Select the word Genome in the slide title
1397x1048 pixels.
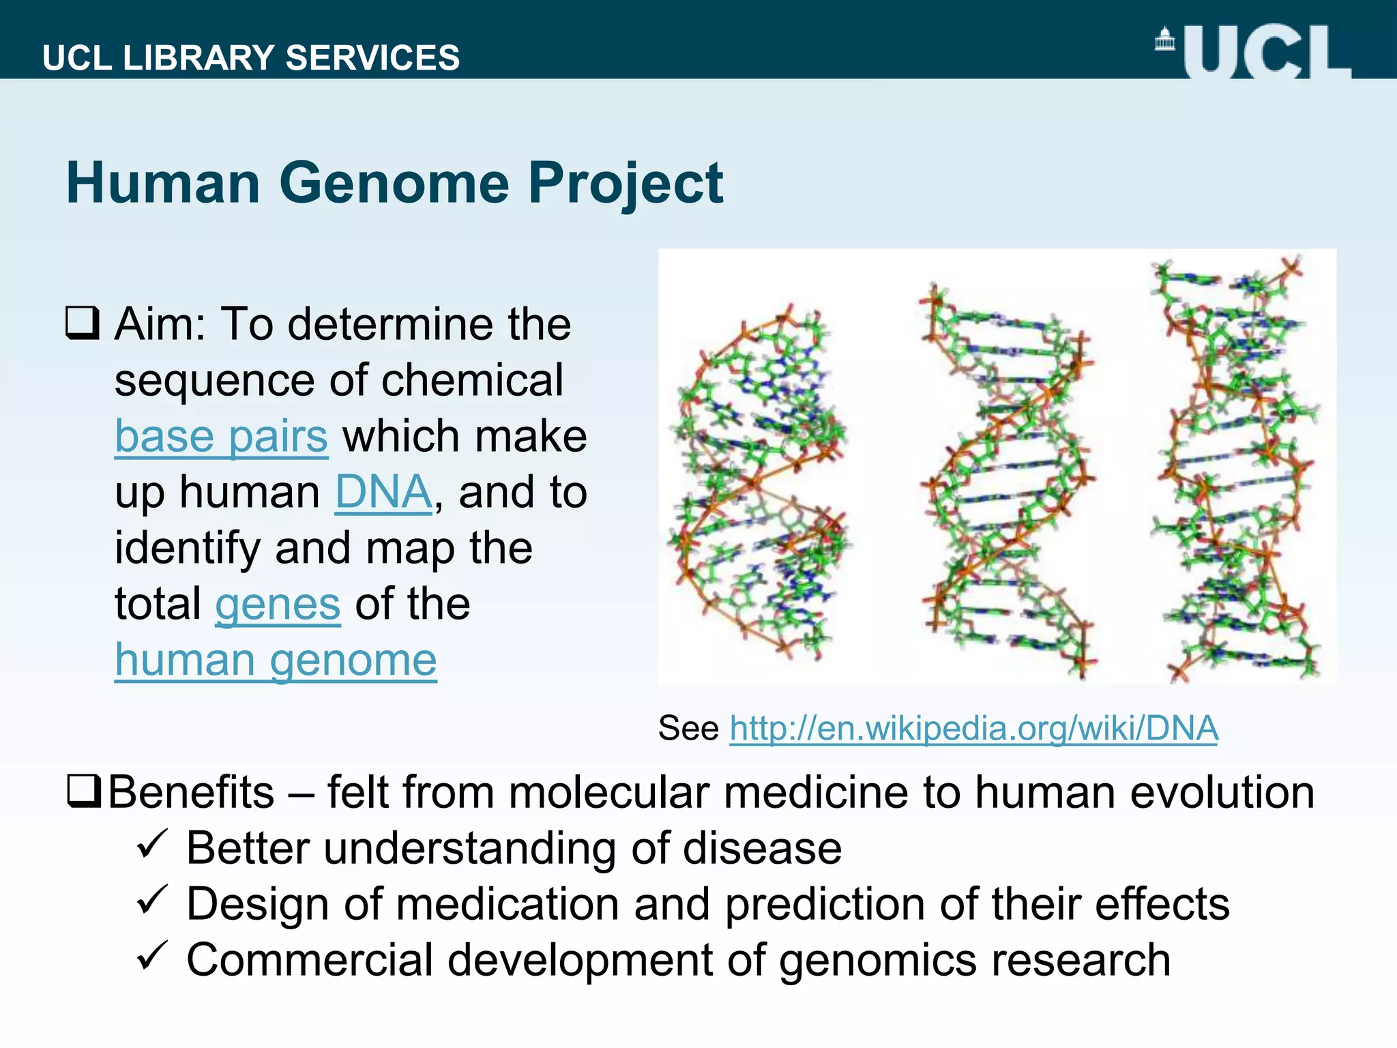pyautogui.click(x=394, y=183)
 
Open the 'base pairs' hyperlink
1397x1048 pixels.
pyautogui.click(x=221, y=436)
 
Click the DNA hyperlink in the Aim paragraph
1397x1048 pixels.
pyautogui.click(x=383, y=492)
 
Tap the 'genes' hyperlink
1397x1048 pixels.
pyautogui.click(x=278, y=605)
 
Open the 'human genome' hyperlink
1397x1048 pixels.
pyautogui.click(x=276, y=660)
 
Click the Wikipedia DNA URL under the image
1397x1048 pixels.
pyautogui.click(x=973, y=728)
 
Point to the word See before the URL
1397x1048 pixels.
pyautogui.click(x=688, y=728)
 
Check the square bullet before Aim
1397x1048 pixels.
pyautogui.click(x=83, y=323)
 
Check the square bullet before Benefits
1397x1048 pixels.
pyautogui.click(x=85, y=791)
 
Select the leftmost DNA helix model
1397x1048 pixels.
pyautogui.click(x=759, y=481)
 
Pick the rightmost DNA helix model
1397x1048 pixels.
pyautogui.click(x=1235, y=471)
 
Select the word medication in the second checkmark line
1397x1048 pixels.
pyautogui.click(x=507, y=904)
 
